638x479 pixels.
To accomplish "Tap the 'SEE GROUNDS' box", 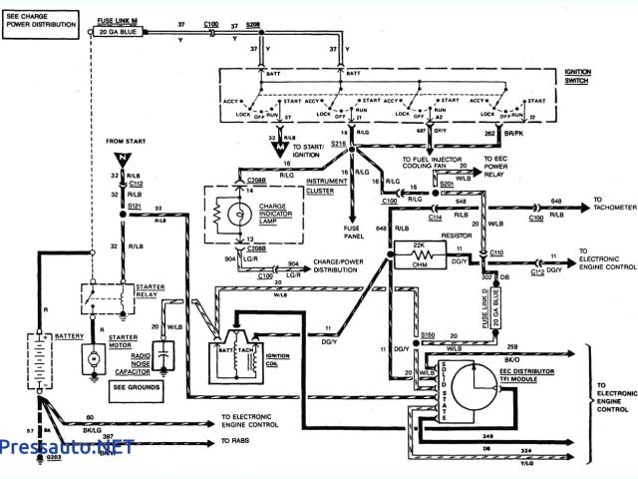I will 133,386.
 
